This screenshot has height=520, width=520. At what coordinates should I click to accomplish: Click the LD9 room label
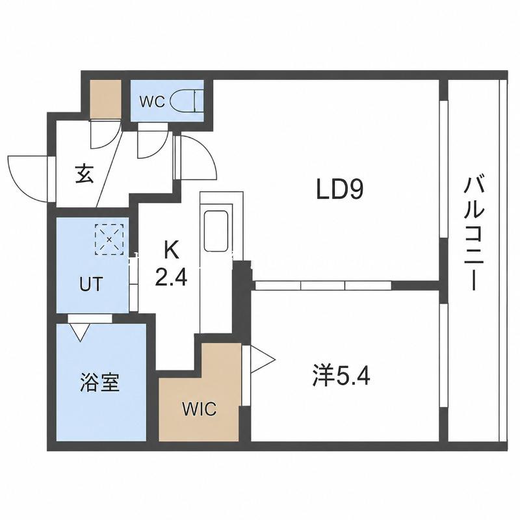tap(340, 189)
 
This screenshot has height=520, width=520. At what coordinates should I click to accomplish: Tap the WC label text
tap(152, 102)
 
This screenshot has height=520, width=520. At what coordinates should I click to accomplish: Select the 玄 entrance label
tap(84, 174)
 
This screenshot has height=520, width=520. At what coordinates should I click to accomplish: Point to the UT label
tap(91, 284)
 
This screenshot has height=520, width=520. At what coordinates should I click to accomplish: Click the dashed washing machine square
tap(109, 239)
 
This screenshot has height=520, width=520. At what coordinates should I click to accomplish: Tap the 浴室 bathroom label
tap(100, 382)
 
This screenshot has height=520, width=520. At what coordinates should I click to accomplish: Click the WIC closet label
tap(200, 409)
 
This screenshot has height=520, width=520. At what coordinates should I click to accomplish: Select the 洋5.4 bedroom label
tap(341, 376)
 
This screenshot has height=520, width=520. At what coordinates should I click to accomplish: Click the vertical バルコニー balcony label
tap(474, 234)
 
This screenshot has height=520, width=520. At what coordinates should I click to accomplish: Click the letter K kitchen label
tap(172, 250)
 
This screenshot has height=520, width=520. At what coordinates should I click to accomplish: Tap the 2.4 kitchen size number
tap(171, 278)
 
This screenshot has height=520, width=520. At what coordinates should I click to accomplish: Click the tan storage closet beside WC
tap(105, 99)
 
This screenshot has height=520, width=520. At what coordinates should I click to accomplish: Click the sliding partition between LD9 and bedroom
tap(323, 285)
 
